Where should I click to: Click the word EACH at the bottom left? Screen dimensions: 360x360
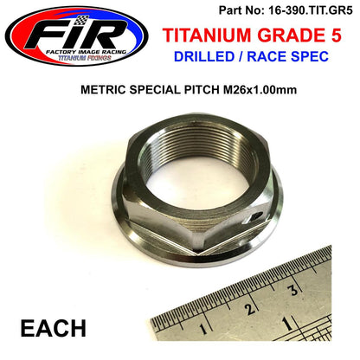click(x=48, y=330)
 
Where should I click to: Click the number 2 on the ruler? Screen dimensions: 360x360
click(x=250, y=310)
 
